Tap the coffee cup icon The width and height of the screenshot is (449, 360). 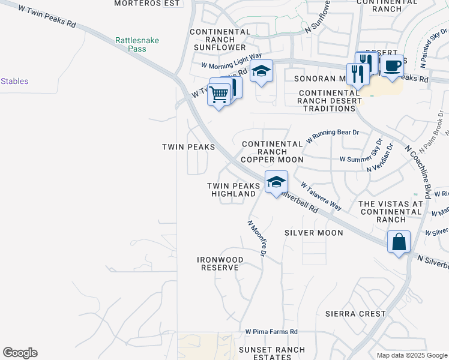coord(392,66)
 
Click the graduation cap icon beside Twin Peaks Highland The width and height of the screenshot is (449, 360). coord(276,182)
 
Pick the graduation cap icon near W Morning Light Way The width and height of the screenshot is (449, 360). coord(261,71)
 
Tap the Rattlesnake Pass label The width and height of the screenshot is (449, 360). coord(137,44)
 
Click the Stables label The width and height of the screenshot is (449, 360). coord(14,81)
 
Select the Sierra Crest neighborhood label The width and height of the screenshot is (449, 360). coord(355,314)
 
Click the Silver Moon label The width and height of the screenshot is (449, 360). coord(314,233)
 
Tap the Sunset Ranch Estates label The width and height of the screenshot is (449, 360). coord(272,353)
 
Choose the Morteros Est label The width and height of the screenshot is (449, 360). coord(148,3)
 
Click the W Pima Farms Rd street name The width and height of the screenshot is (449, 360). coord(271,332)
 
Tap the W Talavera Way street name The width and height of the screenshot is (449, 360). coord(321,197)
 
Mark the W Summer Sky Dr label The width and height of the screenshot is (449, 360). coord(361,158)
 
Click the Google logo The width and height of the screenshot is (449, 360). coord(20,353)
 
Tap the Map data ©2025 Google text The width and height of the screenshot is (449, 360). coord(412,355)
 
